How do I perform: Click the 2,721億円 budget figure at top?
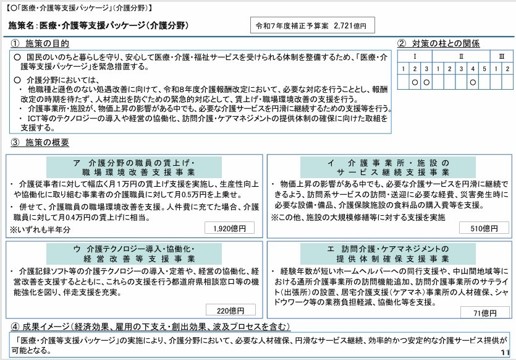pos(349,27)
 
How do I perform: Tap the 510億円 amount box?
pos(484,228)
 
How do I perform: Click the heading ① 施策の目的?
pos(40,44)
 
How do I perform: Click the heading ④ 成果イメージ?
pos(148,326)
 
